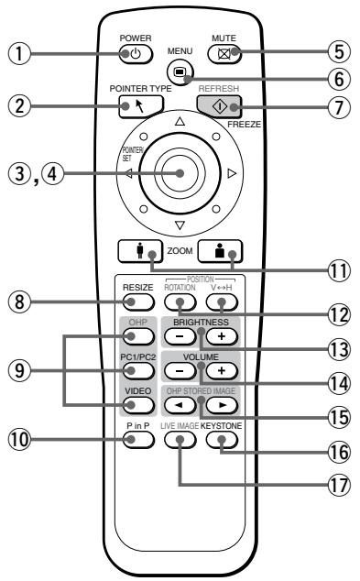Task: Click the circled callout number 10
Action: tap(27, 439)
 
